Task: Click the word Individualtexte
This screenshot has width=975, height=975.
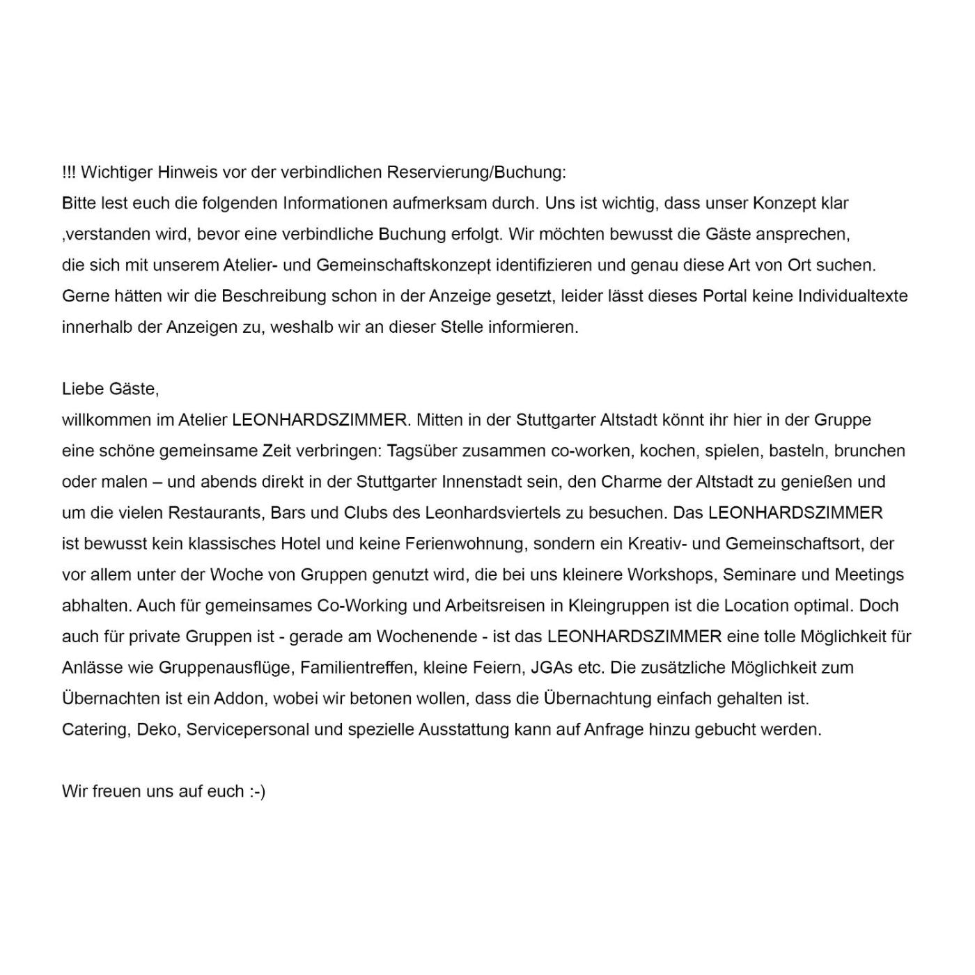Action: pyautogui.click(x=852, y=296)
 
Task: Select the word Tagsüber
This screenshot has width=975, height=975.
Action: pyautogui.click(x=419, y=451)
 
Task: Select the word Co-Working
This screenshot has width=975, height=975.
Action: pyautogui.click(x=362, y=606)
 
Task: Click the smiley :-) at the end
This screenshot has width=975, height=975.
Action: pyautogui.click(x=257, y=792)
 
